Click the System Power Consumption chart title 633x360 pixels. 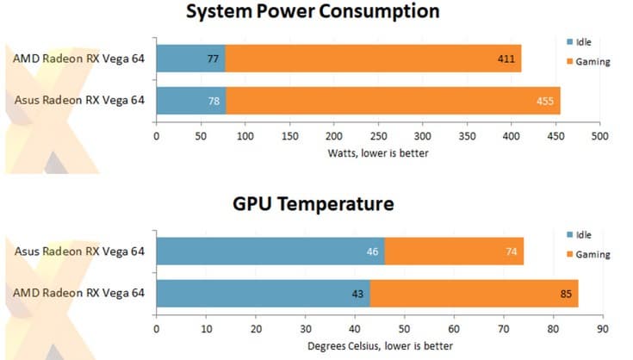pos(313,12)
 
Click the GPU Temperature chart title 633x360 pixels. pos(313,204)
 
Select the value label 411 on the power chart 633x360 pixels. pos(506,59)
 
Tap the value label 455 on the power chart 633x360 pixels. pos(545,100)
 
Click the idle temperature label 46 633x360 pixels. pos(372,252)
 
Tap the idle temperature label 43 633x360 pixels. pos(357,293)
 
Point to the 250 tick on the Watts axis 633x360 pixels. pos(378,136)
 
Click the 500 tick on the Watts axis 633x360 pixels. pos(600,136)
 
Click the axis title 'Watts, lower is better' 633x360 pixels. pos(377,153)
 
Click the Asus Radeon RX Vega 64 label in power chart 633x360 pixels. pos(79,100)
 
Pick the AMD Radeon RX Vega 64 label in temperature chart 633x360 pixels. pos(79,293)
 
